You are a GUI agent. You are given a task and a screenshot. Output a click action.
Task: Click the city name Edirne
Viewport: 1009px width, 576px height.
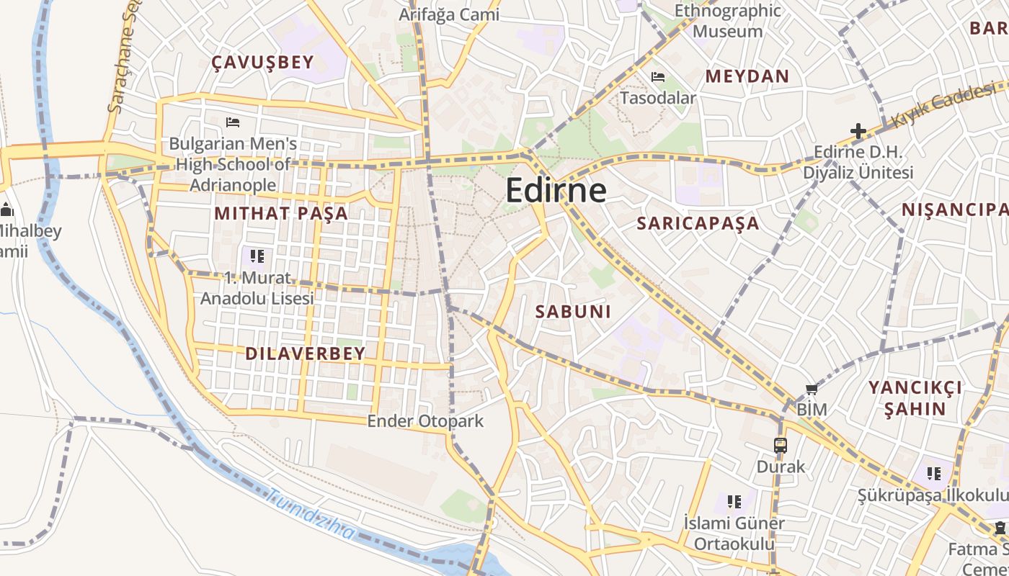(x=556, y=190)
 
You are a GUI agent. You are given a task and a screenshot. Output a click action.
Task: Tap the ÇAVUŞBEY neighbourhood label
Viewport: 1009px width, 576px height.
(x=263, y=63)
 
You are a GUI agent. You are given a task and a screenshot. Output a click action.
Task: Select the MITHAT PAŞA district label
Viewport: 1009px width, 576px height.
(x=281, y=213)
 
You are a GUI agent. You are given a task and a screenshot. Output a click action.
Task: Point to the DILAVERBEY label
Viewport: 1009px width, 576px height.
(x=306, y=354)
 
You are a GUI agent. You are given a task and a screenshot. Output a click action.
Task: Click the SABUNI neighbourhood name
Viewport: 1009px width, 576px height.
(x=574, y=312)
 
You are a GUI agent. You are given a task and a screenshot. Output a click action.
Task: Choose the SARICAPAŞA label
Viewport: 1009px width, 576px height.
(x=698, y=223)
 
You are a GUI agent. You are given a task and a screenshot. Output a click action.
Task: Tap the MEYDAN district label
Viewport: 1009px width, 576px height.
(x=747, y=76)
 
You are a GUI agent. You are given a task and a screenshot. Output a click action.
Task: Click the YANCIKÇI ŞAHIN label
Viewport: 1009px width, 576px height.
(x=915, y=398)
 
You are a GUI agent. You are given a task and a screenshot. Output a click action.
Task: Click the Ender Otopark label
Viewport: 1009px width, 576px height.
(x=425, y=421)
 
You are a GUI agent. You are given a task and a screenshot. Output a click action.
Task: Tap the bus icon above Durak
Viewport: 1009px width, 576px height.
(x=781, y=445)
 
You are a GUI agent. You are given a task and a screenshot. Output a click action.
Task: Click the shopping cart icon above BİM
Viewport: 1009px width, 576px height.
(x=812, y=389)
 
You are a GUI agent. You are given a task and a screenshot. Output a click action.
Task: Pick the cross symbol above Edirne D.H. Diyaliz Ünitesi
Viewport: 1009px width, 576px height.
(x=858, y=131)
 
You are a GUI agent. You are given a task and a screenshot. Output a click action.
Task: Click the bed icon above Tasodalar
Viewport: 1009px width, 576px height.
(x=658, y=76)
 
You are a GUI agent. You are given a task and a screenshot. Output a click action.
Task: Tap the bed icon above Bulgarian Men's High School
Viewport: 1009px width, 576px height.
(x=232, y=122)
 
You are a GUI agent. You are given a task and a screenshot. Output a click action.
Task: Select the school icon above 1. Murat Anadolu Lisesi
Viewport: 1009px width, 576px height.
(x=257, y=256)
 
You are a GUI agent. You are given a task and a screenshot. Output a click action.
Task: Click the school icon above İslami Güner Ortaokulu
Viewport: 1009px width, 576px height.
(x=734, y=501)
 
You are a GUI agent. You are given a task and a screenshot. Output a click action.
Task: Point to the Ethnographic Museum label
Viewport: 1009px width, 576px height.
(x=727, y=21)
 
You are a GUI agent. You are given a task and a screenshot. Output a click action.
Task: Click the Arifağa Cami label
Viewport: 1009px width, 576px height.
(x=449, y=14)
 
